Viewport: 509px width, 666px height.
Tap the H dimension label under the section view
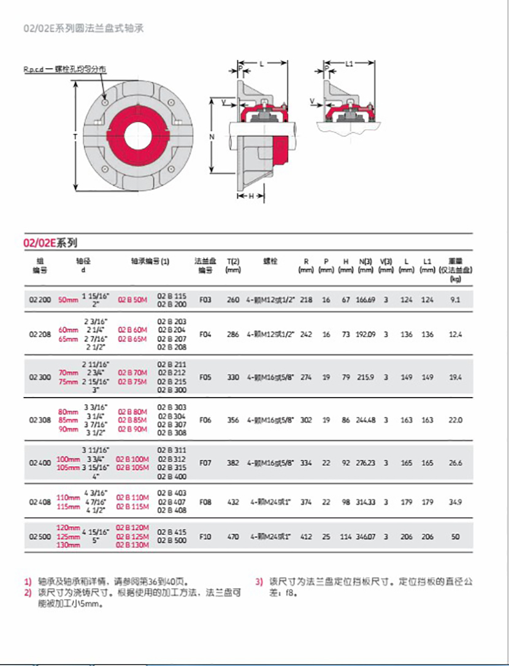click(251, 196)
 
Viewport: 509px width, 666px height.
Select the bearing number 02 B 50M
click(132, 300)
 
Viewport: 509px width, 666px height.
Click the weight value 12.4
click(454, 335)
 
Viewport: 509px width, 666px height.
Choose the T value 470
click(233, 537)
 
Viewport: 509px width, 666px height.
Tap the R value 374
click(305, 502)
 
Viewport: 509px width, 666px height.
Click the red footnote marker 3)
click(259, 581)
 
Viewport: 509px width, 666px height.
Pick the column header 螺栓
click(270, 261)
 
